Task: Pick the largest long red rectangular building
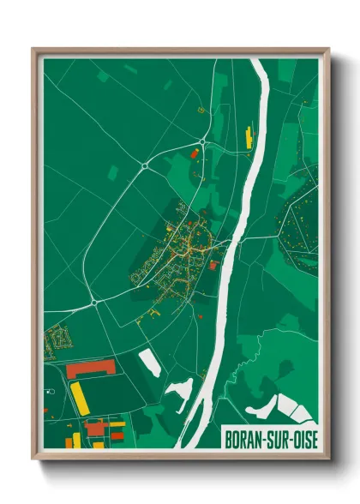[91, 369]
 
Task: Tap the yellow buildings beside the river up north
[249, 135]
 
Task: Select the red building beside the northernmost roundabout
[194, 153]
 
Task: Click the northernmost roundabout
[202, 141]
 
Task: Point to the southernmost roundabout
[92, 302]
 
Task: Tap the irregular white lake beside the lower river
[181, 391]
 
